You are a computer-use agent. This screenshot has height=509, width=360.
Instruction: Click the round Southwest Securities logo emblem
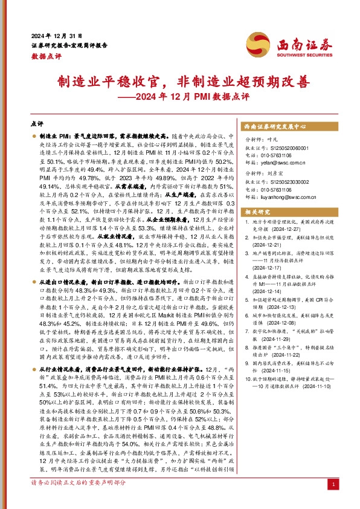(x=254, y=45)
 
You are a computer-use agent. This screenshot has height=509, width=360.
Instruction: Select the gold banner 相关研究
(x=256, y=212)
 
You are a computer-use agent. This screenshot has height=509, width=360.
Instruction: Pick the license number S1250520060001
(x=286, y=148)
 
